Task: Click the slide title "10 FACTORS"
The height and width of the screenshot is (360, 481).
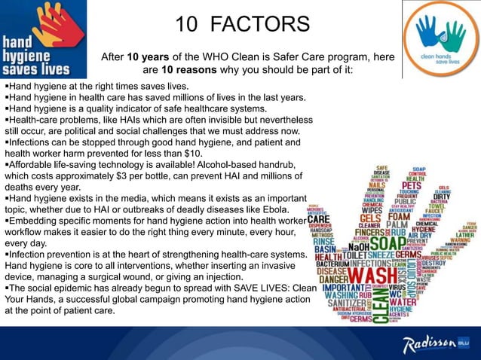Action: pyautogui.click(x=242, y=25)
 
